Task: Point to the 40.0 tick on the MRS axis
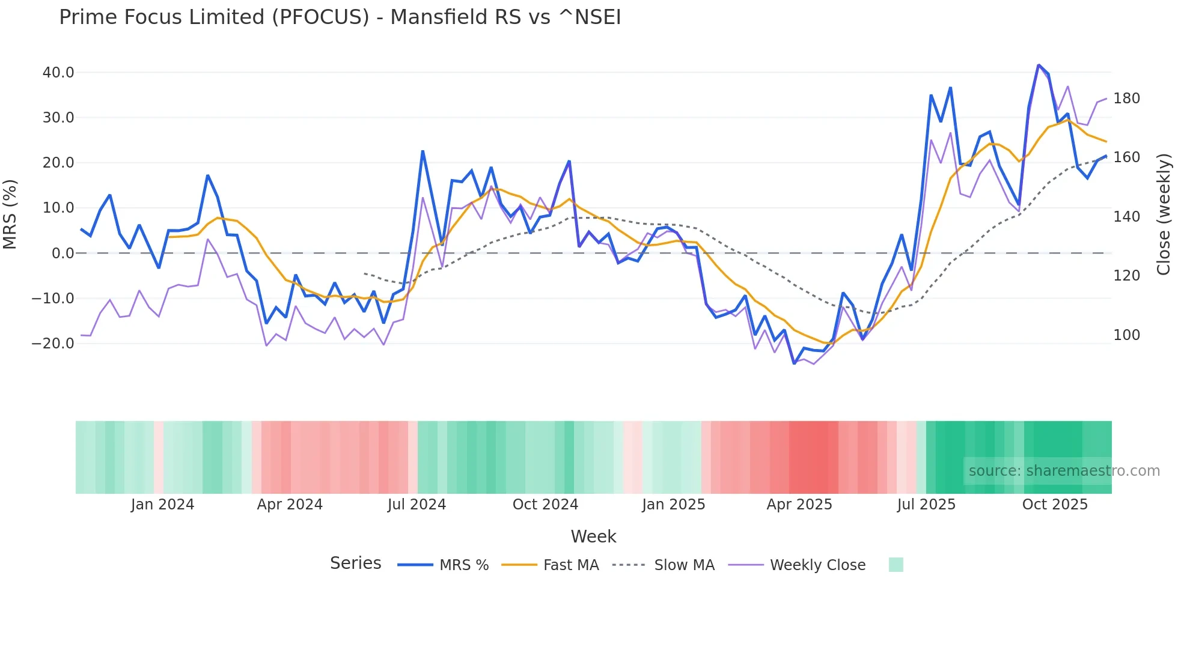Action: pos(58,73)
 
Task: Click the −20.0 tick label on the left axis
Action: pos(53,344)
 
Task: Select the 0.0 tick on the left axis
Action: pos(63,254)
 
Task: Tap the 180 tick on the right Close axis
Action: pos(1126,99)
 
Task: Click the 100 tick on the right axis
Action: pos(1126,335)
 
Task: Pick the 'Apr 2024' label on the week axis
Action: pos(290,505)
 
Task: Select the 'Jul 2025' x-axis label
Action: pos(926,505)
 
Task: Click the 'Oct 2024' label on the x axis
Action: pos(545,505)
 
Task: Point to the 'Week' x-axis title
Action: pos(593,536)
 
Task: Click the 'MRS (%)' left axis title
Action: pos(10,214)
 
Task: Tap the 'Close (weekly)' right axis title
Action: pos(1164,214)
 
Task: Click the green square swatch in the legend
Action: pos(896,565)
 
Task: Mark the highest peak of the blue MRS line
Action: pos(1038,65)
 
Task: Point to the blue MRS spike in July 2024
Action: pos(423,151)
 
